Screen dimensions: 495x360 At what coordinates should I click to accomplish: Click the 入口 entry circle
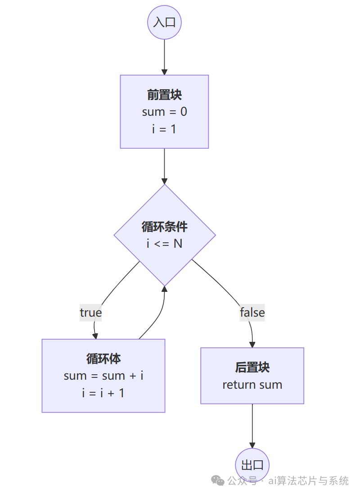click(164, 22)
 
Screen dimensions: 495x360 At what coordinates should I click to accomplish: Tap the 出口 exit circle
click(252, 465)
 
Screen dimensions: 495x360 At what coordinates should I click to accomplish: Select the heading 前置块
click(164, 95)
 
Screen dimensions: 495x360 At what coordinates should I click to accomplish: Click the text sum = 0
click(164, 112)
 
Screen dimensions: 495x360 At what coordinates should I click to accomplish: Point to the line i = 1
click(164, 129)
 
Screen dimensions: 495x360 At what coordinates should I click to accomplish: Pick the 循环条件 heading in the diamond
click(164, 227)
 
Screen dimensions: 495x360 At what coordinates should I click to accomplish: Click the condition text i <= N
click(164, 244)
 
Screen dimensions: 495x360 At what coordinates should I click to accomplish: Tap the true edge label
click(90, 313)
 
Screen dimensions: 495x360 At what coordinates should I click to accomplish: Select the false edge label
click(252, 313)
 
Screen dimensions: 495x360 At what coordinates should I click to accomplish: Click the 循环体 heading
click(103, 359)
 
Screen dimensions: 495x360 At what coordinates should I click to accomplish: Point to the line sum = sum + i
click(103, 376)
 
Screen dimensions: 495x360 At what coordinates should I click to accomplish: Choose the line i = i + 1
click(103, 393)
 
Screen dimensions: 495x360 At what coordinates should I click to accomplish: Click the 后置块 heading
click(252, 368)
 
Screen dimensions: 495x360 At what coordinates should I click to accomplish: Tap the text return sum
click(252, 385)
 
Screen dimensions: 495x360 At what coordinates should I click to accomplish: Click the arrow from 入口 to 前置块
click(164, 56)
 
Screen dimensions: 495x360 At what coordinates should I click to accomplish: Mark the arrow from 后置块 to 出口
click(252, 426)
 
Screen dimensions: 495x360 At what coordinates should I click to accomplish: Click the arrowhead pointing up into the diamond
click(164, 289)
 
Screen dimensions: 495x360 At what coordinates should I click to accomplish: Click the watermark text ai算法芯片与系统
click(308, 481)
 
